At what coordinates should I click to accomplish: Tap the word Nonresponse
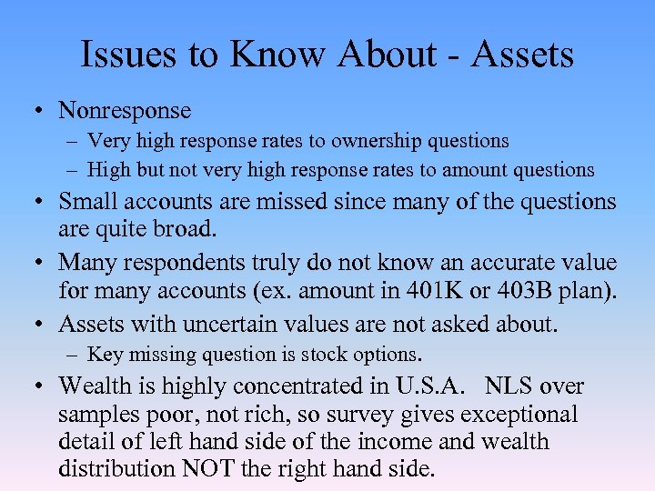point(125,111)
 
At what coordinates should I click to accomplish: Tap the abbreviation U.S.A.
point(432,386)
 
